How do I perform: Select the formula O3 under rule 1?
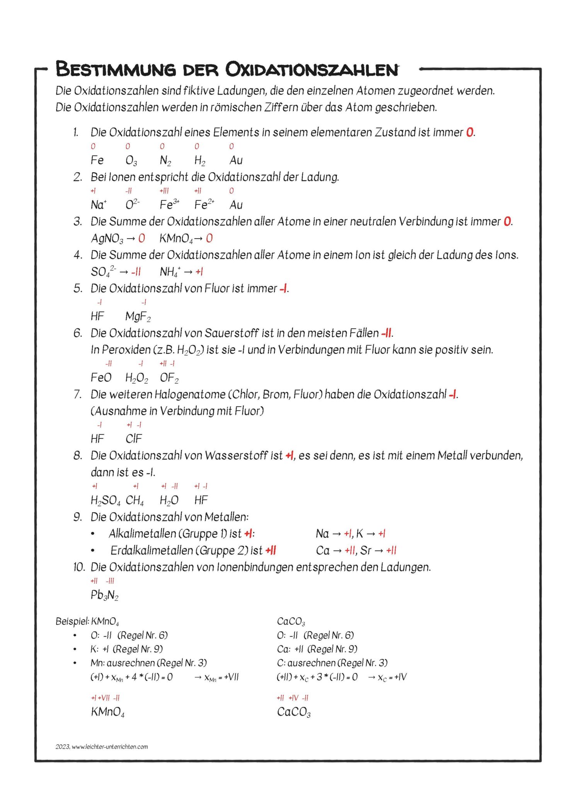[131, 160]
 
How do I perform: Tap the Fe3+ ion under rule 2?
[169, 204]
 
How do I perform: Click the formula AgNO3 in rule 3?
[107, 238]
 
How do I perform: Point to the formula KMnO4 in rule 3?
[176, 238]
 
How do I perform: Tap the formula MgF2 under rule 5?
[138, 317]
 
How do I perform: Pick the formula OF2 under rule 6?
[169, 378]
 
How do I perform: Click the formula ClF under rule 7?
[134, 439]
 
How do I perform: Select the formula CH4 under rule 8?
[135, 500]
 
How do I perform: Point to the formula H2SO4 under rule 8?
[105, 500]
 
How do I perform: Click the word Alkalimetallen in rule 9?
[142, 534]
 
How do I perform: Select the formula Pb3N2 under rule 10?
[104, 595]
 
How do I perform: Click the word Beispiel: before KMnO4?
[72, 621]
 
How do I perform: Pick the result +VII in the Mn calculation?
[232, 677]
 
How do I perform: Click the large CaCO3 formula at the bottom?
[294, 711]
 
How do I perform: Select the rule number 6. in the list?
[78, 333]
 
